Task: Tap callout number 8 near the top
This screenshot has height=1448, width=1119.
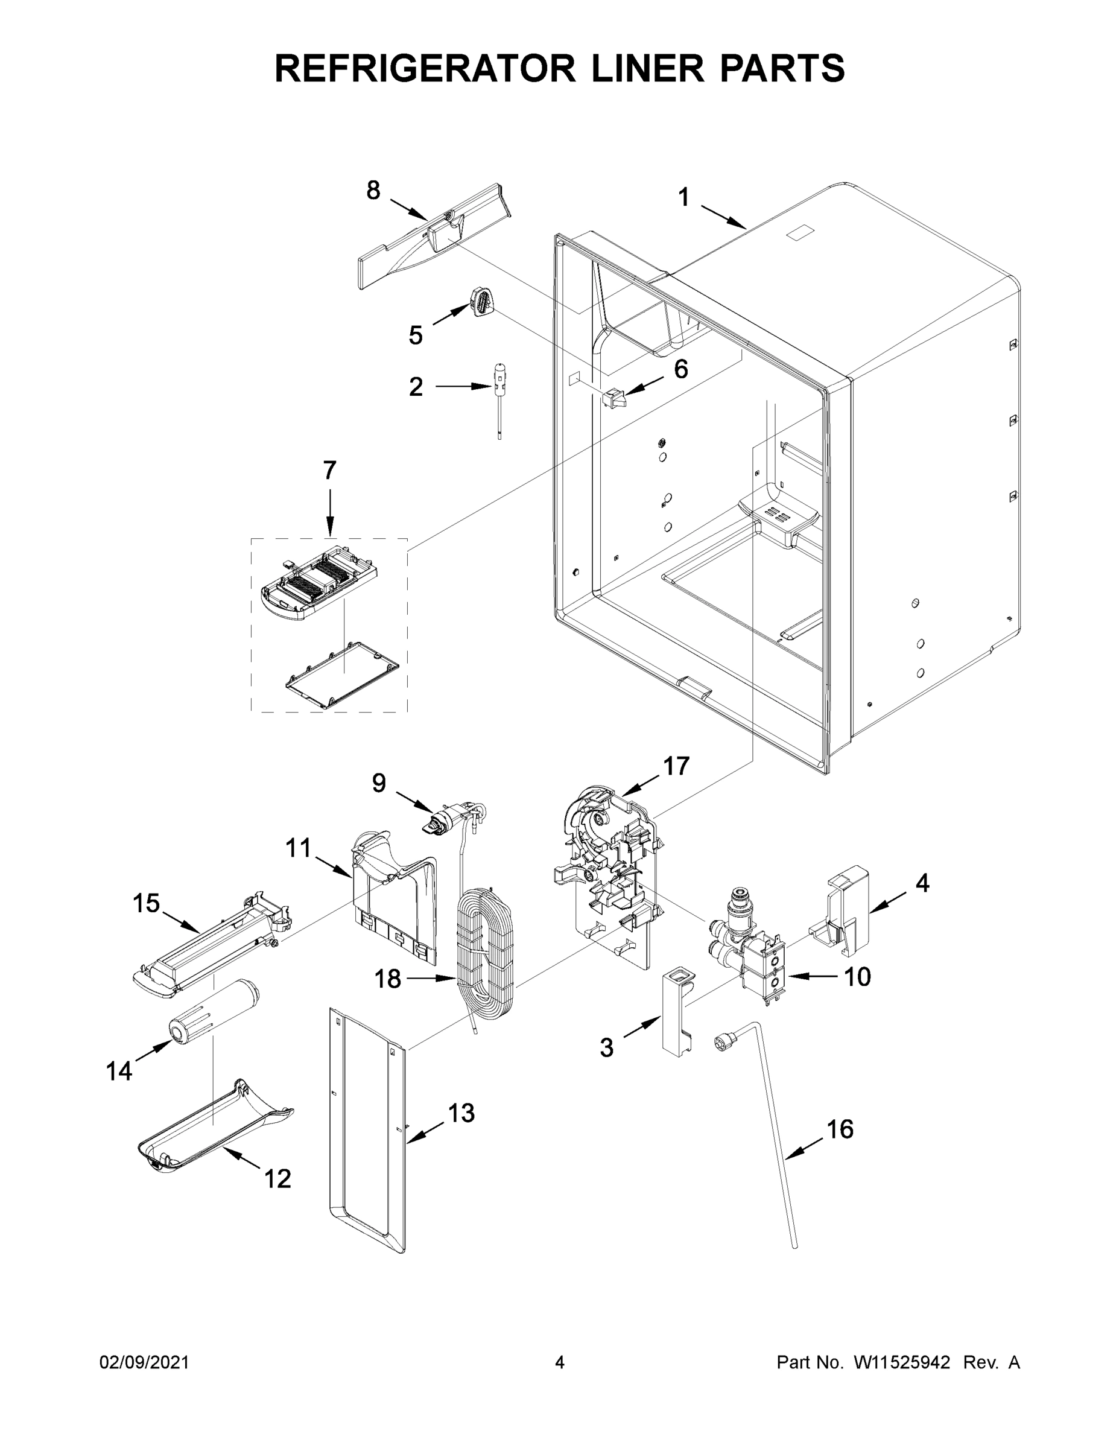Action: coord(373,190)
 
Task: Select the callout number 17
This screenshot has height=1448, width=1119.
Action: coord(676,766)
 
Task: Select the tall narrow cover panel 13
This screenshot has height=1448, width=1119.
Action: coord(367,1127)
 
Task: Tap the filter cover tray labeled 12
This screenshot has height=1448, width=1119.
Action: coord(215,1131)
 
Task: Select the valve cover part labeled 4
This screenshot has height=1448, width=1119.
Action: coord(844,912)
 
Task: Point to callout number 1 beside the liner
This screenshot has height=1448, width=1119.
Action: coord(683,197)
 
